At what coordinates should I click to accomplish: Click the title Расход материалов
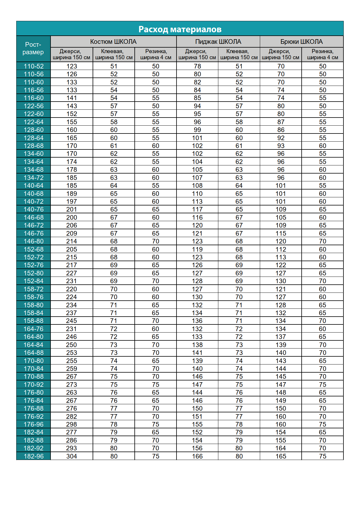[180, 29]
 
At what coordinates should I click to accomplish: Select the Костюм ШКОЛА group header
[113, 41]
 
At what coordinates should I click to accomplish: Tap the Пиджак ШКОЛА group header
[218, 41]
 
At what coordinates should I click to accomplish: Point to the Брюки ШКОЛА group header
[301, 41]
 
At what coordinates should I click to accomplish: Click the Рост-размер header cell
[33, 48]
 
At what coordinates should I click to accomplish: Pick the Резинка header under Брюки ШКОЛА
[323, 54]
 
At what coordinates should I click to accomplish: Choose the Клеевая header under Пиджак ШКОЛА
[239, 54]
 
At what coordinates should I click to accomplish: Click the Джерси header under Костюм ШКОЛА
[71, 54]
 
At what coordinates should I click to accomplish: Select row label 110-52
[34, 66]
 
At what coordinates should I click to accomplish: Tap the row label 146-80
[34, 241]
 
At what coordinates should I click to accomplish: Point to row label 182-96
[34, 456]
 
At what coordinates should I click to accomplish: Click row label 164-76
[34, 329]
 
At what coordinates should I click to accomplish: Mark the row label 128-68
[34, 146]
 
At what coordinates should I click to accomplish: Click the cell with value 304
[71, 456]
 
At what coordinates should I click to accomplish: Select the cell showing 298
[71, 424]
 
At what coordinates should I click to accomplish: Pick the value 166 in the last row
[197, 456]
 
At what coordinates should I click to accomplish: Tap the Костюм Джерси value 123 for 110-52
[71, 66]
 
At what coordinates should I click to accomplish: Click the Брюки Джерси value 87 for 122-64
[281, 122]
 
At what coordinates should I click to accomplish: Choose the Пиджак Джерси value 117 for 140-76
[197, 209]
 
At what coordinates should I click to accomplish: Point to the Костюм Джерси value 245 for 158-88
[71, 321]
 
